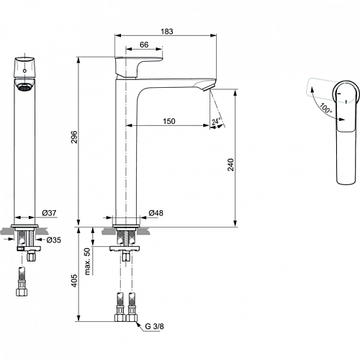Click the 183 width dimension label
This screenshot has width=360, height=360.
click(167, 32)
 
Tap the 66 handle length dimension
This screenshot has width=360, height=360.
click(144, 45)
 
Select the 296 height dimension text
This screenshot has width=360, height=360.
click(74, 137)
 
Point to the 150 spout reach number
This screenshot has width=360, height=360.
click(169, 121)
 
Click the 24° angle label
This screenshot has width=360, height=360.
click(216, 122)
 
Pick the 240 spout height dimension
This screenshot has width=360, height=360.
click(230, 165)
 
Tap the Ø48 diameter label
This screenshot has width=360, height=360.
click(156, 213)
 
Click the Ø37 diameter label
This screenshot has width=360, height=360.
click(49, 213)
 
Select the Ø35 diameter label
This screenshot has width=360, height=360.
click(54, 240)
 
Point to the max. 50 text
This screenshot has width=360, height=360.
click(87, 261)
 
